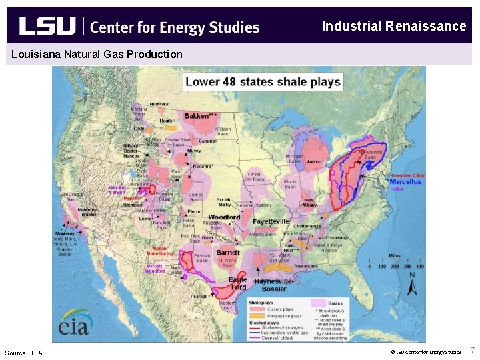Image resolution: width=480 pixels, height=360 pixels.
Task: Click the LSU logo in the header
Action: point(47,26)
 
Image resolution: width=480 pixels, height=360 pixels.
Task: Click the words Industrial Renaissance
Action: point(393,26)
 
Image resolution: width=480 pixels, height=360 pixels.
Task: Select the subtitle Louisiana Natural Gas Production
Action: point(97,54)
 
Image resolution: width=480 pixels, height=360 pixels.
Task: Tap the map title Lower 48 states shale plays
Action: point(263,82)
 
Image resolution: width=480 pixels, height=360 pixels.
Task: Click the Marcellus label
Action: point(405,182)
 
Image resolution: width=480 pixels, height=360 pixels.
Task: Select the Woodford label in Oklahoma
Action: point(225,217)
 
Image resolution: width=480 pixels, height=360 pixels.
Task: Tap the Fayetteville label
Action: point(271,221)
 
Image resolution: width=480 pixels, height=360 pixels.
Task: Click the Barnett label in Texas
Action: point(228,253)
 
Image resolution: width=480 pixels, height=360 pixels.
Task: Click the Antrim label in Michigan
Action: point(314,161)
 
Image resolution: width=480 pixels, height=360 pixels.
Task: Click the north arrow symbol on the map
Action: point(412,285)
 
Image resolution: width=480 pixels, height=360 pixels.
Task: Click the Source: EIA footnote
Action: point(23,353)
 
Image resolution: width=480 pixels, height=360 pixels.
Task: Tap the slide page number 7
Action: point(473,351)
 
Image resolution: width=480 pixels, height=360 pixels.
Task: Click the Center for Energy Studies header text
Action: point(174,27)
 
